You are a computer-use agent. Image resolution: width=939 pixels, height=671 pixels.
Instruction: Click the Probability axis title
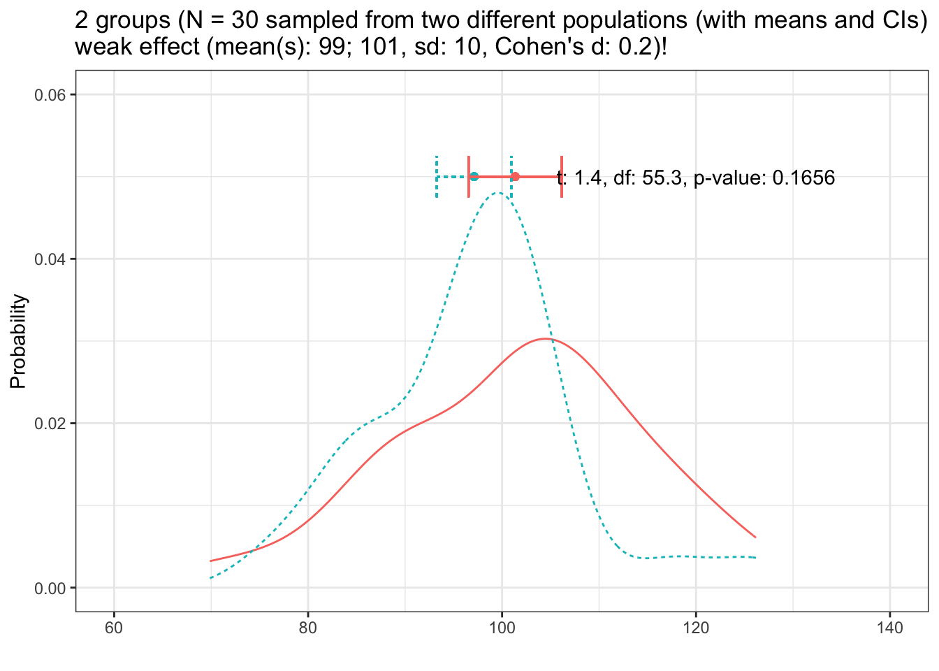19,341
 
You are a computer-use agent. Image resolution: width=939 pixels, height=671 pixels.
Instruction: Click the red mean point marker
515,177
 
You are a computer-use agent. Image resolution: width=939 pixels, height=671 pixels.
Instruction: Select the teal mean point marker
474,177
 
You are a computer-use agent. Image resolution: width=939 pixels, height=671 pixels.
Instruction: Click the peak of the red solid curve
546,339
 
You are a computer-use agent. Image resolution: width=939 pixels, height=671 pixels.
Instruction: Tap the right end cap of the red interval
562,177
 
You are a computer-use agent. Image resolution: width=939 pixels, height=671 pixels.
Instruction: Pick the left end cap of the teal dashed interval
437,177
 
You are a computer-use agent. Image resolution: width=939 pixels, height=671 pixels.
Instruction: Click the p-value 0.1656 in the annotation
803,178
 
